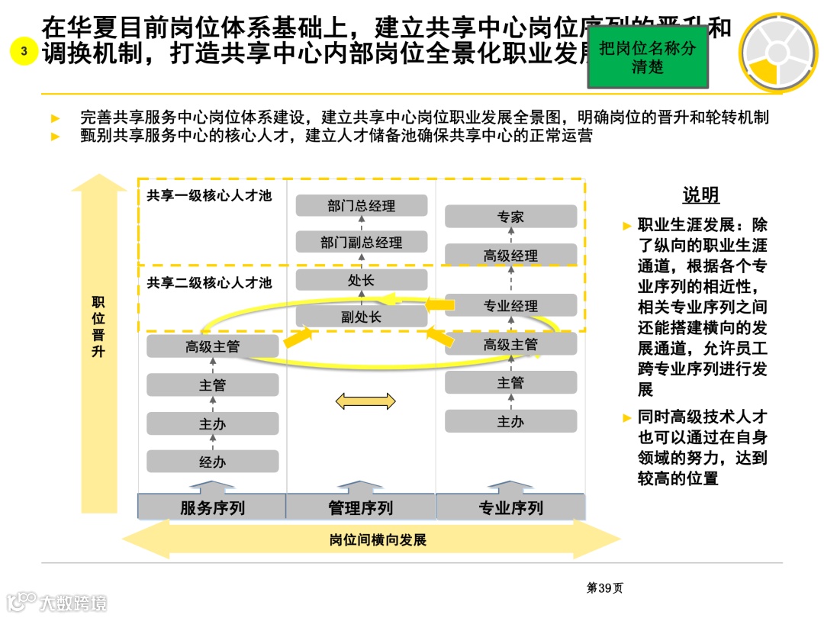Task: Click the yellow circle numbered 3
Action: click(x=24, y=52)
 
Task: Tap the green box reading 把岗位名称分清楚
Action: click(x=647, y=57)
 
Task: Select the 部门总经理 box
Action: click(x=361, y=206)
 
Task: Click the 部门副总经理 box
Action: click(x=361, y=243)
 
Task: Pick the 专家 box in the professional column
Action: click(x=510, y=217)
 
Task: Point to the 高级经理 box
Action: click(x=510, y=256)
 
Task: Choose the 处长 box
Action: click(x=361, y=280)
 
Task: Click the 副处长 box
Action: click(x=361, y=317)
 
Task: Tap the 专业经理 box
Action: click(x=510, y=306)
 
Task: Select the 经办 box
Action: click(x=212, y=462)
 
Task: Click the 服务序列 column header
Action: click(x=212, y=508)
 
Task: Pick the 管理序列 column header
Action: click(x=361, y=508)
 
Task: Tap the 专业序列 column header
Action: click(x=510, y=508)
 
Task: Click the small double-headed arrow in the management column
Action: click(x=365, y=401)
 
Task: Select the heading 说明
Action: click(x=700, y=195)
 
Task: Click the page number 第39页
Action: click(x=604, y=587)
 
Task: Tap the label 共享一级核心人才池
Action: click(x=209, y=196)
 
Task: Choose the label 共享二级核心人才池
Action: click(x=209, y=283)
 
